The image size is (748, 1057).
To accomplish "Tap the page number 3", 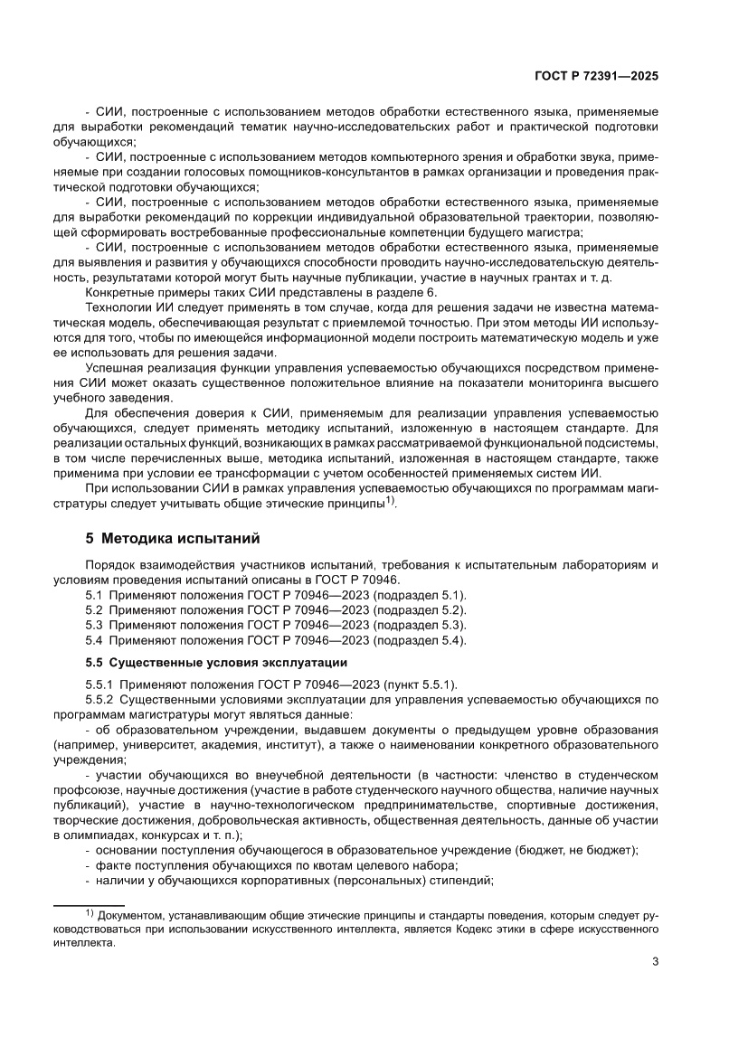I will [655, 961].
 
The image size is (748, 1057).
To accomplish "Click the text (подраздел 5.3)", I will [420, 625].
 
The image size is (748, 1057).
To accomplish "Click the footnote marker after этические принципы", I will [390, 500].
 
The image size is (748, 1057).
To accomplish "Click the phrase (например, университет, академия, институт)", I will [181, 744].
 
